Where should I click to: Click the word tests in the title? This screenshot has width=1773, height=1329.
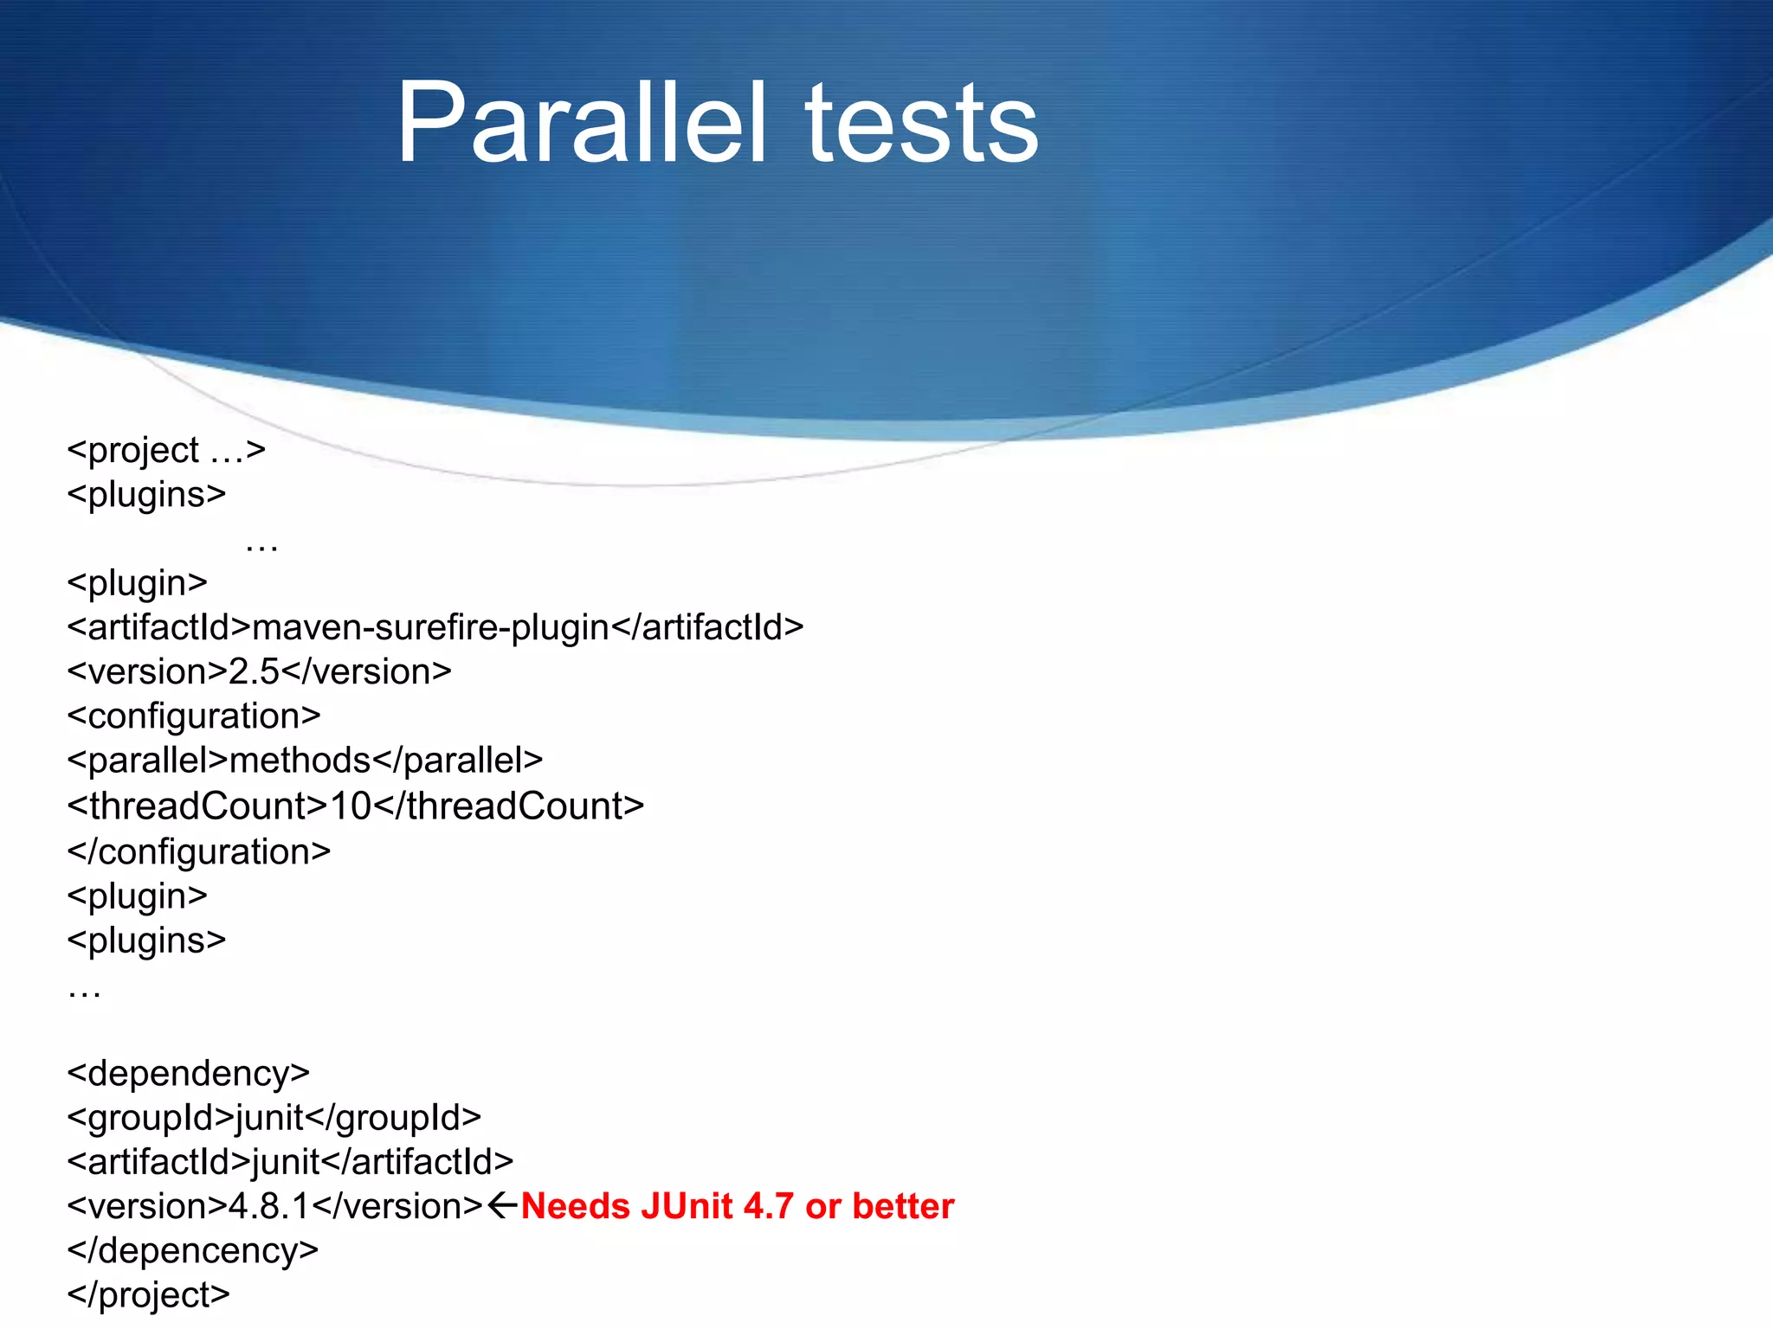(922, 123)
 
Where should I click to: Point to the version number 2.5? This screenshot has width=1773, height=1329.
(254, 672)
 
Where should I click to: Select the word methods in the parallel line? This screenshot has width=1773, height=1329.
(300, 761)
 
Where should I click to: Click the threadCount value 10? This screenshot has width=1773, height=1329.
(351, 806)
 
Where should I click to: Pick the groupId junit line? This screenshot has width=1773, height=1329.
(274, 1118)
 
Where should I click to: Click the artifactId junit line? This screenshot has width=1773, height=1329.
(290, 1162)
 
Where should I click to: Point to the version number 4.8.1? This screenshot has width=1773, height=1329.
(269, 1206)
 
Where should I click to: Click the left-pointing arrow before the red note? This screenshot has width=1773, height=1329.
(503, 1205)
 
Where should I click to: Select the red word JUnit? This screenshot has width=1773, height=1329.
(686, 1206)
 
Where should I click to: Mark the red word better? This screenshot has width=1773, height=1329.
(903, 1206)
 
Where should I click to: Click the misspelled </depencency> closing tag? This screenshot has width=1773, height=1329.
(193, 1251)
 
